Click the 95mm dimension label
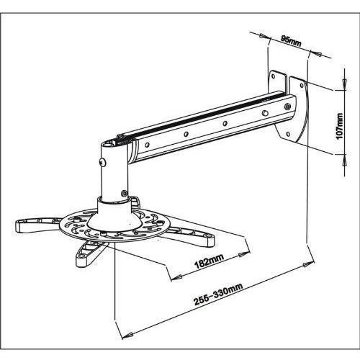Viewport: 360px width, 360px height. tap(291, 41)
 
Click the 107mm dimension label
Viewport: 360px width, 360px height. tap(340, 126)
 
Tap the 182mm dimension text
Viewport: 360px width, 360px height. tap(209, 261)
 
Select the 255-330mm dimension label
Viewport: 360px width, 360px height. tap(218, 294)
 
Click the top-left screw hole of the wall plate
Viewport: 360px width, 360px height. tap(273, 76)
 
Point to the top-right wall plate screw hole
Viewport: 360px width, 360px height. tap(302, 85)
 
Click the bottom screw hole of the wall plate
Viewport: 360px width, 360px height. tap(288, 134)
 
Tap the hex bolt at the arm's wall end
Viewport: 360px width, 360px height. tap(287, 107)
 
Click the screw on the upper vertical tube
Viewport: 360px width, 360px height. tap(103, 162)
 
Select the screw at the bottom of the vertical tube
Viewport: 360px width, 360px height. tap(124, 193)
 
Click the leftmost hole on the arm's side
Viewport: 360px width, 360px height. tap(147, 145)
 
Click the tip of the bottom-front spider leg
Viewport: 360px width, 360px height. tap(81, 262)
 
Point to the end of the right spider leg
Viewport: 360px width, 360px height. tap(210, 240)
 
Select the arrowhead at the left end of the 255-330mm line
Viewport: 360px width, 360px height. tap(127, 335)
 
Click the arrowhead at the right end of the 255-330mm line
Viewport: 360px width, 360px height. tap(308, 264)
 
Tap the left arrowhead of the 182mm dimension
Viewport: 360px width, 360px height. tap(176, 277)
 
